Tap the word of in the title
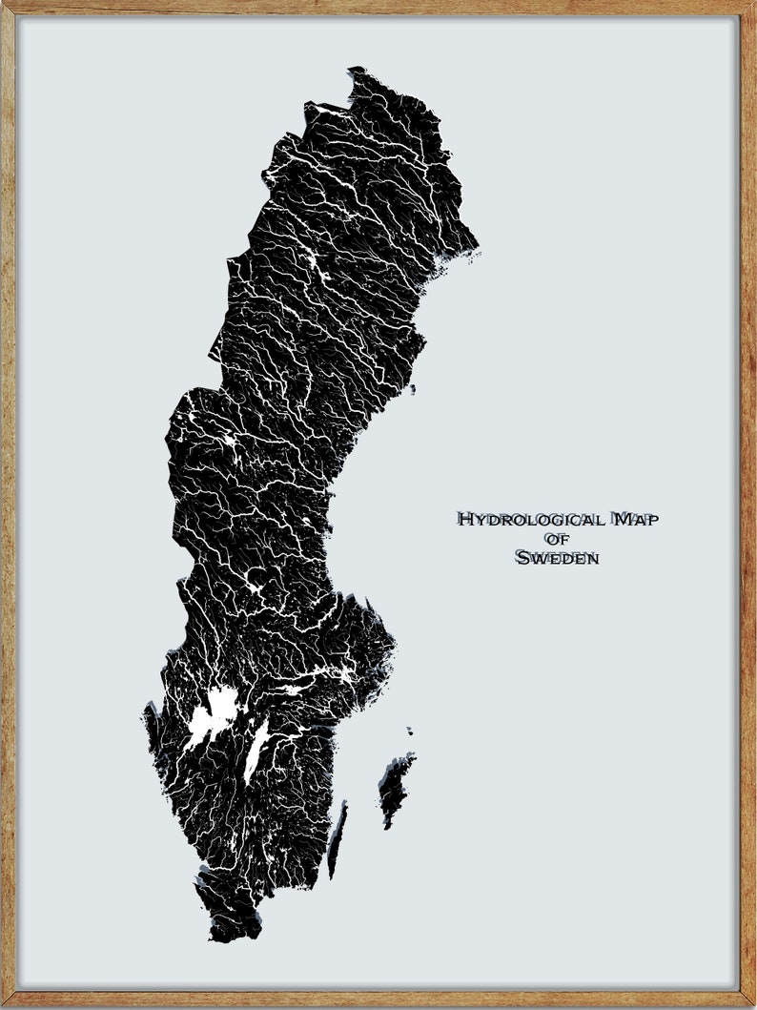[557, 540]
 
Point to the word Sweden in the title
[557, 559]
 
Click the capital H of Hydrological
[466, 520]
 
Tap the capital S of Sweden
[522, 559]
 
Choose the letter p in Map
[652, 521]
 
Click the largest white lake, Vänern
[216, 711]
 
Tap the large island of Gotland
[395, 787]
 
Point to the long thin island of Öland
[337, 839]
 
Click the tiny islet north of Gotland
[410, 732]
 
